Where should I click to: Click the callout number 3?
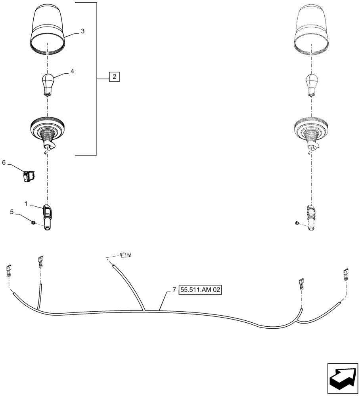(x=82, y=31)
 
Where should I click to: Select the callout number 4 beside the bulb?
(x=72, y=71)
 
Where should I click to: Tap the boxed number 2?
(x=114, y=76)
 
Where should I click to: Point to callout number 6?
(x=4, y=163)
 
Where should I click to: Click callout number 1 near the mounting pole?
(x=26, y=204)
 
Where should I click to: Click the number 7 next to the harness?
(x=174, y=290)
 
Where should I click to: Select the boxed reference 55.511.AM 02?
(x=200, y=290)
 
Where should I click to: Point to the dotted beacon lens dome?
(x=312, y=30)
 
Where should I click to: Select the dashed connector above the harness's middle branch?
(x=126, y=255)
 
